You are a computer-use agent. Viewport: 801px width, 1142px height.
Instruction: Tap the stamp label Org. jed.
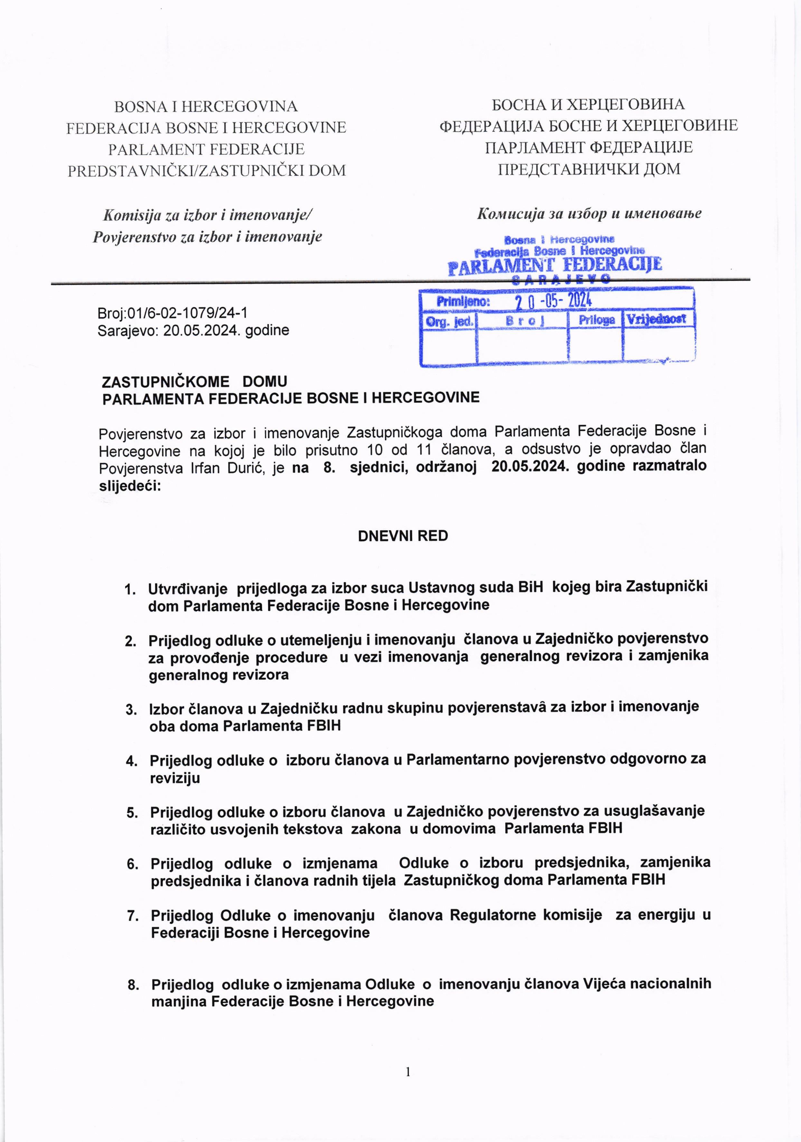click(449, 321)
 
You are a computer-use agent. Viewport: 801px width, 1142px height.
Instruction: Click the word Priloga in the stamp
click(596, 320)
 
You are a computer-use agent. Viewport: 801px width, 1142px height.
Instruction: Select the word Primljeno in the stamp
click(463, 302)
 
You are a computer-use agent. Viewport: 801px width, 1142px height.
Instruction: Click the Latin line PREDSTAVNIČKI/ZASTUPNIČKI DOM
click(206, 171)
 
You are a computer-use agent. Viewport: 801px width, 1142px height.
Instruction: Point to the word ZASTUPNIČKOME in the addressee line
click(166, 382)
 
